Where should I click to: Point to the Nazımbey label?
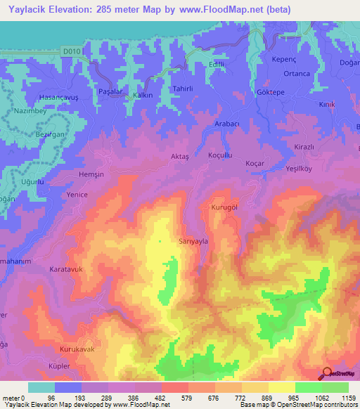[x=30, y=112]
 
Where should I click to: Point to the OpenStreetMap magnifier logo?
[x=327, y=374]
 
